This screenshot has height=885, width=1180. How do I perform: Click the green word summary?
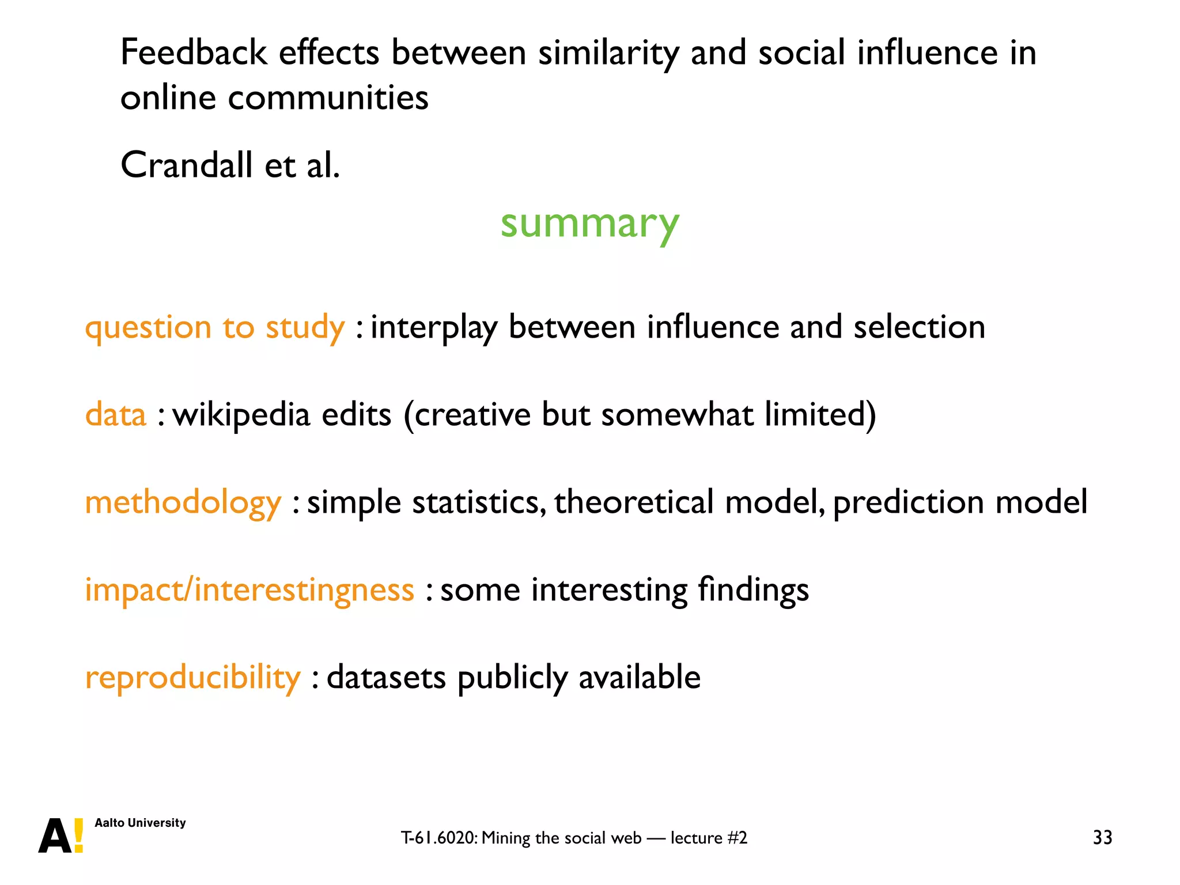[589, 224]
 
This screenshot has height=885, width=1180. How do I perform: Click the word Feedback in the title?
[193, 53]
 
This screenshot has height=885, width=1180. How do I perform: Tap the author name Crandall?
[187, 165]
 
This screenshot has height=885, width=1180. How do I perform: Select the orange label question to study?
[214, 327]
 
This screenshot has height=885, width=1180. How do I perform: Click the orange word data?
[116, 415]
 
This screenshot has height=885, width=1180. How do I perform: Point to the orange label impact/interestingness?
[249, 590]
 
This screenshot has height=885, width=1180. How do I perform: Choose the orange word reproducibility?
[192, 678]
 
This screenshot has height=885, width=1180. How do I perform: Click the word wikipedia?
[241, 415]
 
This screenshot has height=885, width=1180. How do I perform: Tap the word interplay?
[433, 327]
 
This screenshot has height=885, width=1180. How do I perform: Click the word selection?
[919, 327]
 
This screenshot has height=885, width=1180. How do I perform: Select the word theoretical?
[634, 502]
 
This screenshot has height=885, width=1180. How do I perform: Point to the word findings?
[753, 590]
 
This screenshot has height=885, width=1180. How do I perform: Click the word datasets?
[386, 678]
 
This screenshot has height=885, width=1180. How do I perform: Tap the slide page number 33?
[1102, 837]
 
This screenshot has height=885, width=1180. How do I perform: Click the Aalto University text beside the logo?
[140, 823]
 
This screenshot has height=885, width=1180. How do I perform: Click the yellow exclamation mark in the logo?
[79, 835]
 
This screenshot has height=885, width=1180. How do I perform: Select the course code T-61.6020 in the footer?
[438, 838]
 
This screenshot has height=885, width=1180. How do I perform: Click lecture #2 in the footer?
[709, 838]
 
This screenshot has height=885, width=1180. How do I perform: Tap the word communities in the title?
[328, 98]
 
